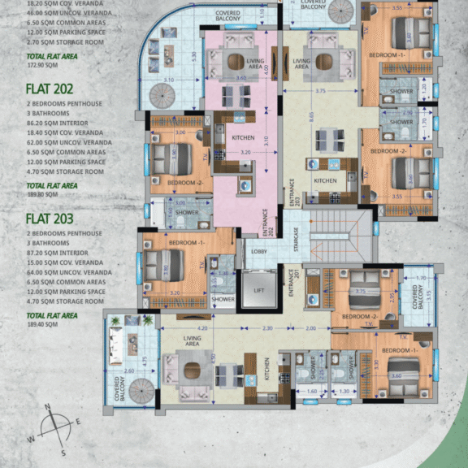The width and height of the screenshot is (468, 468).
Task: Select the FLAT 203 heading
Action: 50,219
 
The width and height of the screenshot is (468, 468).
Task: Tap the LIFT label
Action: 259,290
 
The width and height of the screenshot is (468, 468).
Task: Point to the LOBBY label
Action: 259,252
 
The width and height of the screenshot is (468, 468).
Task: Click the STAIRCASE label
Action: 299,240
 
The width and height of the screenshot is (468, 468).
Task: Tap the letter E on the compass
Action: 78,422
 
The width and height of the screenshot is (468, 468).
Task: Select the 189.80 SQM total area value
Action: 41,195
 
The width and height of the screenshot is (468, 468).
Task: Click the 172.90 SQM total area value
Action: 41,63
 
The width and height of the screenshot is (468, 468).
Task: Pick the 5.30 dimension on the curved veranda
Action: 194,56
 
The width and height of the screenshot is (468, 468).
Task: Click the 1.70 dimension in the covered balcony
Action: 420,279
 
